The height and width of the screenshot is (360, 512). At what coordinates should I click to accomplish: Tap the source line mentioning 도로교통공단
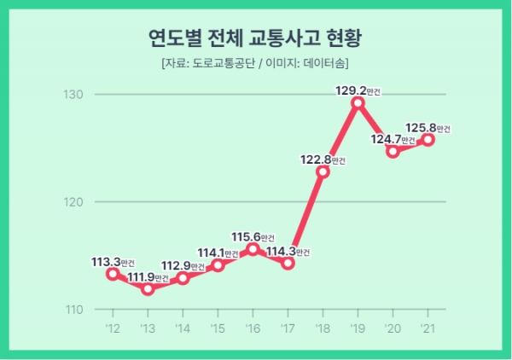pyautogui.click(x=254, y=63)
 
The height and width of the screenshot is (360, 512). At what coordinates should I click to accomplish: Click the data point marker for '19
pyautogui.click(x=358, y=103)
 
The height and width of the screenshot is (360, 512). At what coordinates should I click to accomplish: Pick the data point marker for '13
pyautogui.click(x=148, y=289)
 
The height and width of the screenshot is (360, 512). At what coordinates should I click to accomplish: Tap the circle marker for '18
pyautogui.click(x=323, y=171)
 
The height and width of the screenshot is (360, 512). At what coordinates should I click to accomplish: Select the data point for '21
pyautogui.click(x=428, y=140)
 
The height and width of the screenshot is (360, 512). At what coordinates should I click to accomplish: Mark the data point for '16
pyautogui.click(x=253, y=249)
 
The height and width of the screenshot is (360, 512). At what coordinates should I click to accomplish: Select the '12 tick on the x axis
pyautogui.click(x=112, y=328)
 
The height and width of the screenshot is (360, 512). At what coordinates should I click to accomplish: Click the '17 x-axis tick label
pyautogui.click(x=288, y=328)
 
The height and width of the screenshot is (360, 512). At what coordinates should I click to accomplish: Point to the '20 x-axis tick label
pyautogui.click(x=393, y=328)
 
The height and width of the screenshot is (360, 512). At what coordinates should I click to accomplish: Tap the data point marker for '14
pyautogui.click(x=183, y=278)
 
